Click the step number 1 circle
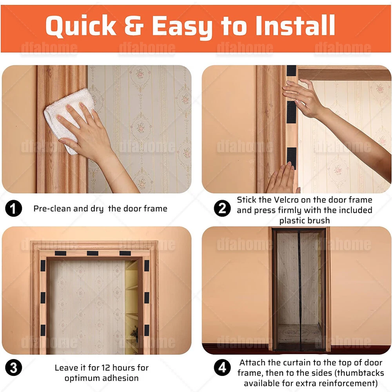click(13, 209)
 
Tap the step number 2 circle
click(222, 208)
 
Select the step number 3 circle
click(13, 368)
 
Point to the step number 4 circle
click(222, 368)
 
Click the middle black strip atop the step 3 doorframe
click(93, 253)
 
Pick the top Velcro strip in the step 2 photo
click(291, 71)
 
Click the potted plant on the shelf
click(135, 332)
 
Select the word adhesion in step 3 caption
click(122, 378)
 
